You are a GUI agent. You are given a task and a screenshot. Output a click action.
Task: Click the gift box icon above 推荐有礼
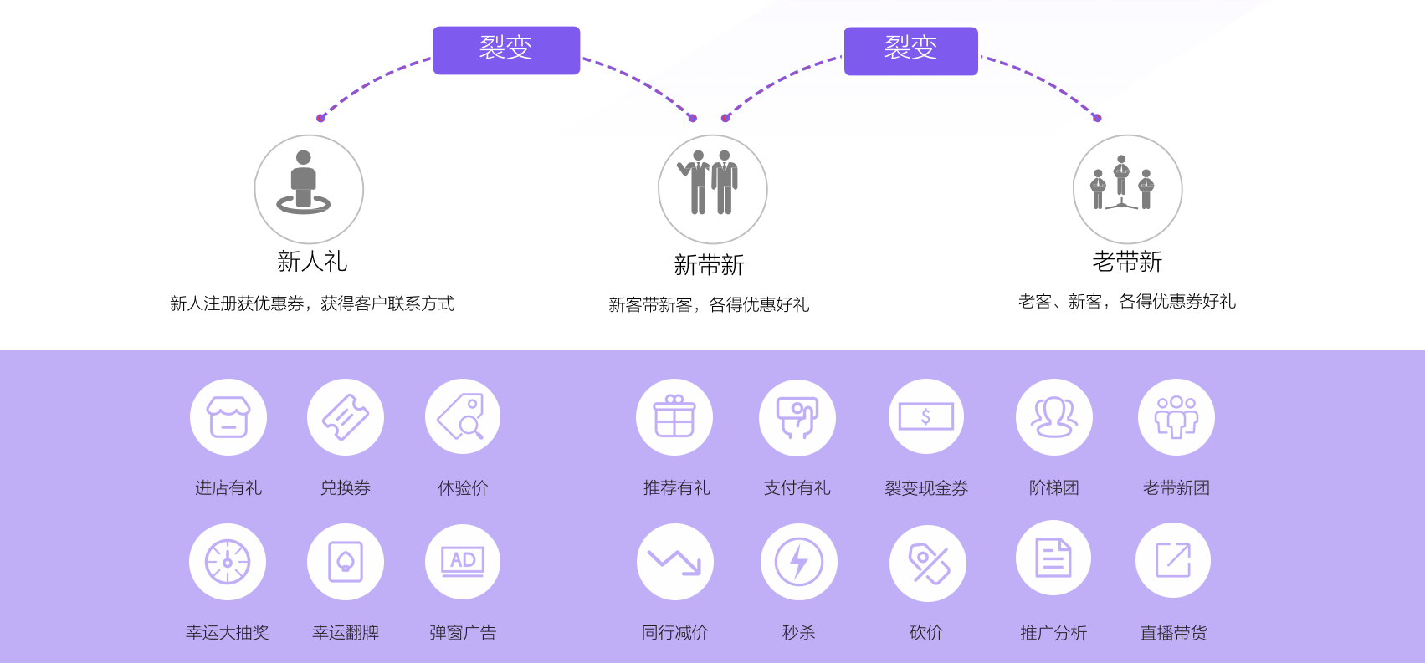tap(674, 417)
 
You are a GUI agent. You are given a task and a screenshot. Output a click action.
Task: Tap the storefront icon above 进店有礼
tap(228, 417)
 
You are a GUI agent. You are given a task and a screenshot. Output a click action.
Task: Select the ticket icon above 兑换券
tap(346, 417)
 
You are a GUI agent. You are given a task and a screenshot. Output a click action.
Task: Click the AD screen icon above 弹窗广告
tap(463, 562)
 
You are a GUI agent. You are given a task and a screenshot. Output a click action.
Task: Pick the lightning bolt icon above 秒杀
tap(799, 562)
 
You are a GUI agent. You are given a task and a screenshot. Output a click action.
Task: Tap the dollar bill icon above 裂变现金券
tap(926, 417)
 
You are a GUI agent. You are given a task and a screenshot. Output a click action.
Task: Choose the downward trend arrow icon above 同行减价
tap(674, 562)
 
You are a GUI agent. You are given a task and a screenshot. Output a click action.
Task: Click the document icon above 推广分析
tap(1053, 558)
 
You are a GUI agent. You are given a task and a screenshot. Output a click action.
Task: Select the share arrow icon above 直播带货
tap(1173, 559)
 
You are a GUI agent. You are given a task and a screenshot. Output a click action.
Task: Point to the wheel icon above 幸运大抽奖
tap(228, 562)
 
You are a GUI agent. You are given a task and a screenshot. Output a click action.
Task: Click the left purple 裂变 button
tap(506, 50)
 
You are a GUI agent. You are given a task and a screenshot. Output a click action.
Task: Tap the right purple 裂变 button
tap(911, 51)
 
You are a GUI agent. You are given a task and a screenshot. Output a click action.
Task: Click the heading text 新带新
tap(709, 265)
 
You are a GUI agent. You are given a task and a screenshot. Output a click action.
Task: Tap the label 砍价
tap(926, 633)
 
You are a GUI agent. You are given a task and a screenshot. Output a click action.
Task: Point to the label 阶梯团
tap(1054, 487)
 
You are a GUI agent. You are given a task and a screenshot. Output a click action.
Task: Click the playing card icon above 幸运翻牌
tap(346, 562)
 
